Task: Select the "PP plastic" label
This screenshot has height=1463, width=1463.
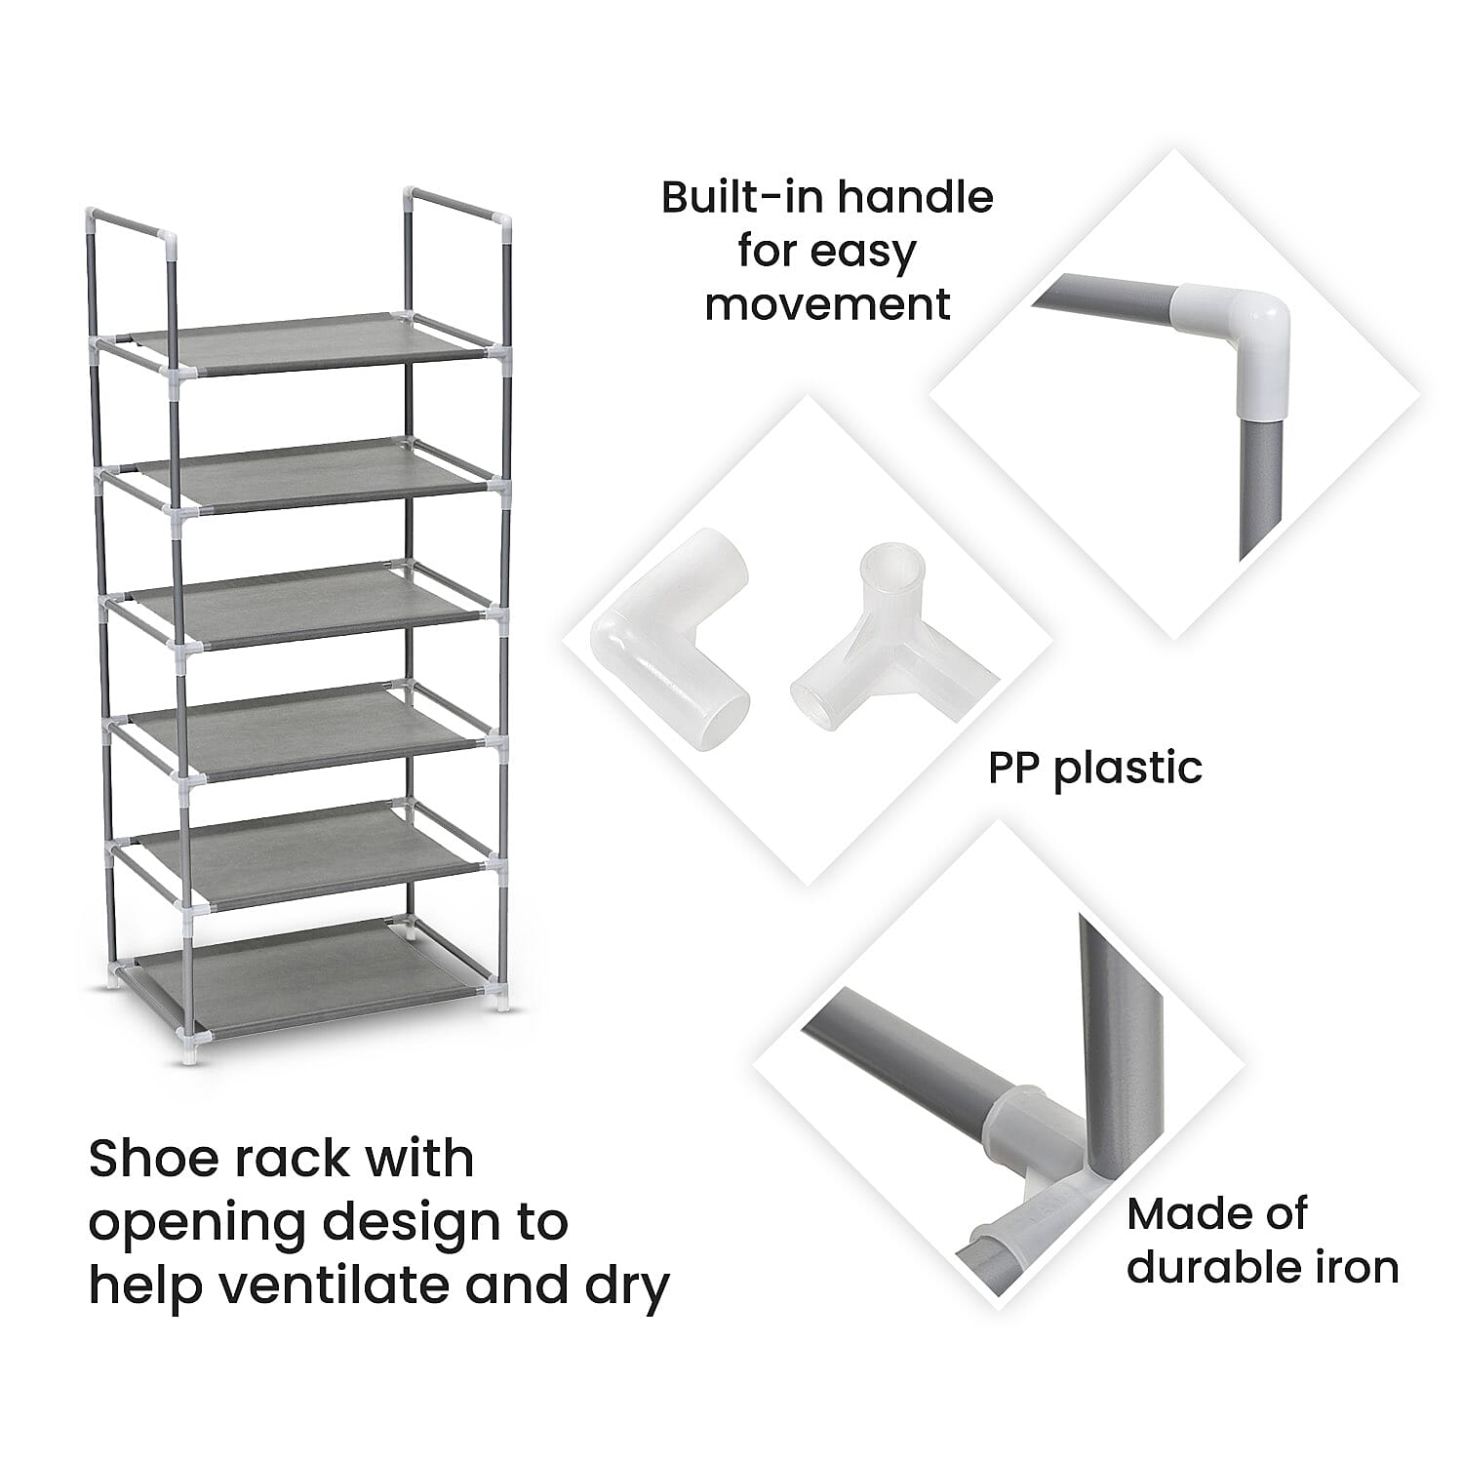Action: pyautogui.click(x=1094, y=768)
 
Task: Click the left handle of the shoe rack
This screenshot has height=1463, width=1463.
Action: pyautogui.click(x=132, y=224)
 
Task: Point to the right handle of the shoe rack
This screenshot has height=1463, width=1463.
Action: pyautogui.click(x=458, y=200)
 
